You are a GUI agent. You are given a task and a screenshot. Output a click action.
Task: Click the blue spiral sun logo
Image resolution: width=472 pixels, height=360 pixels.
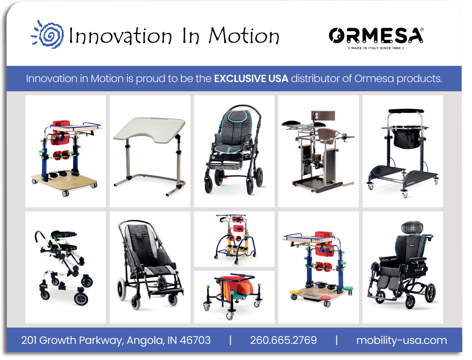click(48, 35)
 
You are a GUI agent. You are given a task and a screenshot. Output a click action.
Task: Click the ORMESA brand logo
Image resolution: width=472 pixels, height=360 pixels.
click(376, 36)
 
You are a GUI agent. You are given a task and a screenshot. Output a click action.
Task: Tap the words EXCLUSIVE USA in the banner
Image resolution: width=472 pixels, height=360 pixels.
click(251, 79)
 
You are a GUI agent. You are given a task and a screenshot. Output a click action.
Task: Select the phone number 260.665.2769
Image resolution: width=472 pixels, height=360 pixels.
click(283, 340)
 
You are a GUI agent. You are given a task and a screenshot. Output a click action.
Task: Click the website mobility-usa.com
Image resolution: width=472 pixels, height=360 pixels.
click(401, 340)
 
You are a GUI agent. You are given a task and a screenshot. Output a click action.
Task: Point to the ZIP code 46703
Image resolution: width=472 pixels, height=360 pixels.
click(195, 340)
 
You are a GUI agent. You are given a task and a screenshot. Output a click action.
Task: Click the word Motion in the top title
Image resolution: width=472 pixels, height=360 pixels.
click(244, 36)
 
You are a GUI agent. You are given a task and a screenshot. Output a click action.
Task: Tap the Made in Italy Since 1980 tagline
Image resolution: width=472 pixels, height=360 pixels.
click(376, 48)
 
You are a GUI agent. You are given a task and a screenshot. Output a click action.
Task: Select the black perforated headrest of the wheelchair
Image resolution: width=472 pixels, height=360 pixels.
click(412, 227)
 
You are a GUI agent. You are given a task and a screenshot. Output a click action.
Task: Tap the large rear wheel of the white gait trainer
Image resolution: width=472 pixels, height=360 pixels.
click(81, 299)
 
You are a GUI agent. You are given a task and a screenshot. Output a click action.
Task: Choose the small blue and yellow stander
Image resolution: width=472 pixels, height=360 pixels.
click(235, 239)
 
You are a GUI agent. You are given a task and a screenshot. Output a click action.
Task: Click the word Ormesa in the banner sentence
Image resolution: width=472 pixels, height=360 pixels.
click(374, 79)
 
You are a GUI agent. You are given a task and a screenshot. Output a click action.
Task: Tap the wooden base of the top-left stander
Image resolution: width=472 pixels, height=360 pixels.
click(65, 180)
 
